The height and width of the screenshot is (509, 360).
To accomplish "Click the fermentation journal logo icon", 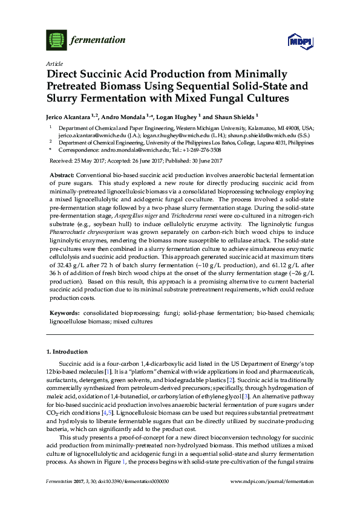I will tap(55, 41).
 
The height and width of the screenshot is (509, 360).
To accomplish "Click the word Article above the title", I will tap(53, 63).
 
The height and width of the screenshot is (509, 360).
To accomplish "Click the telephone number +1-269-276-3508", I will tap(200, 149).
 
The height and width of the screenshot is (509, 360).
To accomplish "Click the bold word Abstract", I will tap(62, 174).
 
